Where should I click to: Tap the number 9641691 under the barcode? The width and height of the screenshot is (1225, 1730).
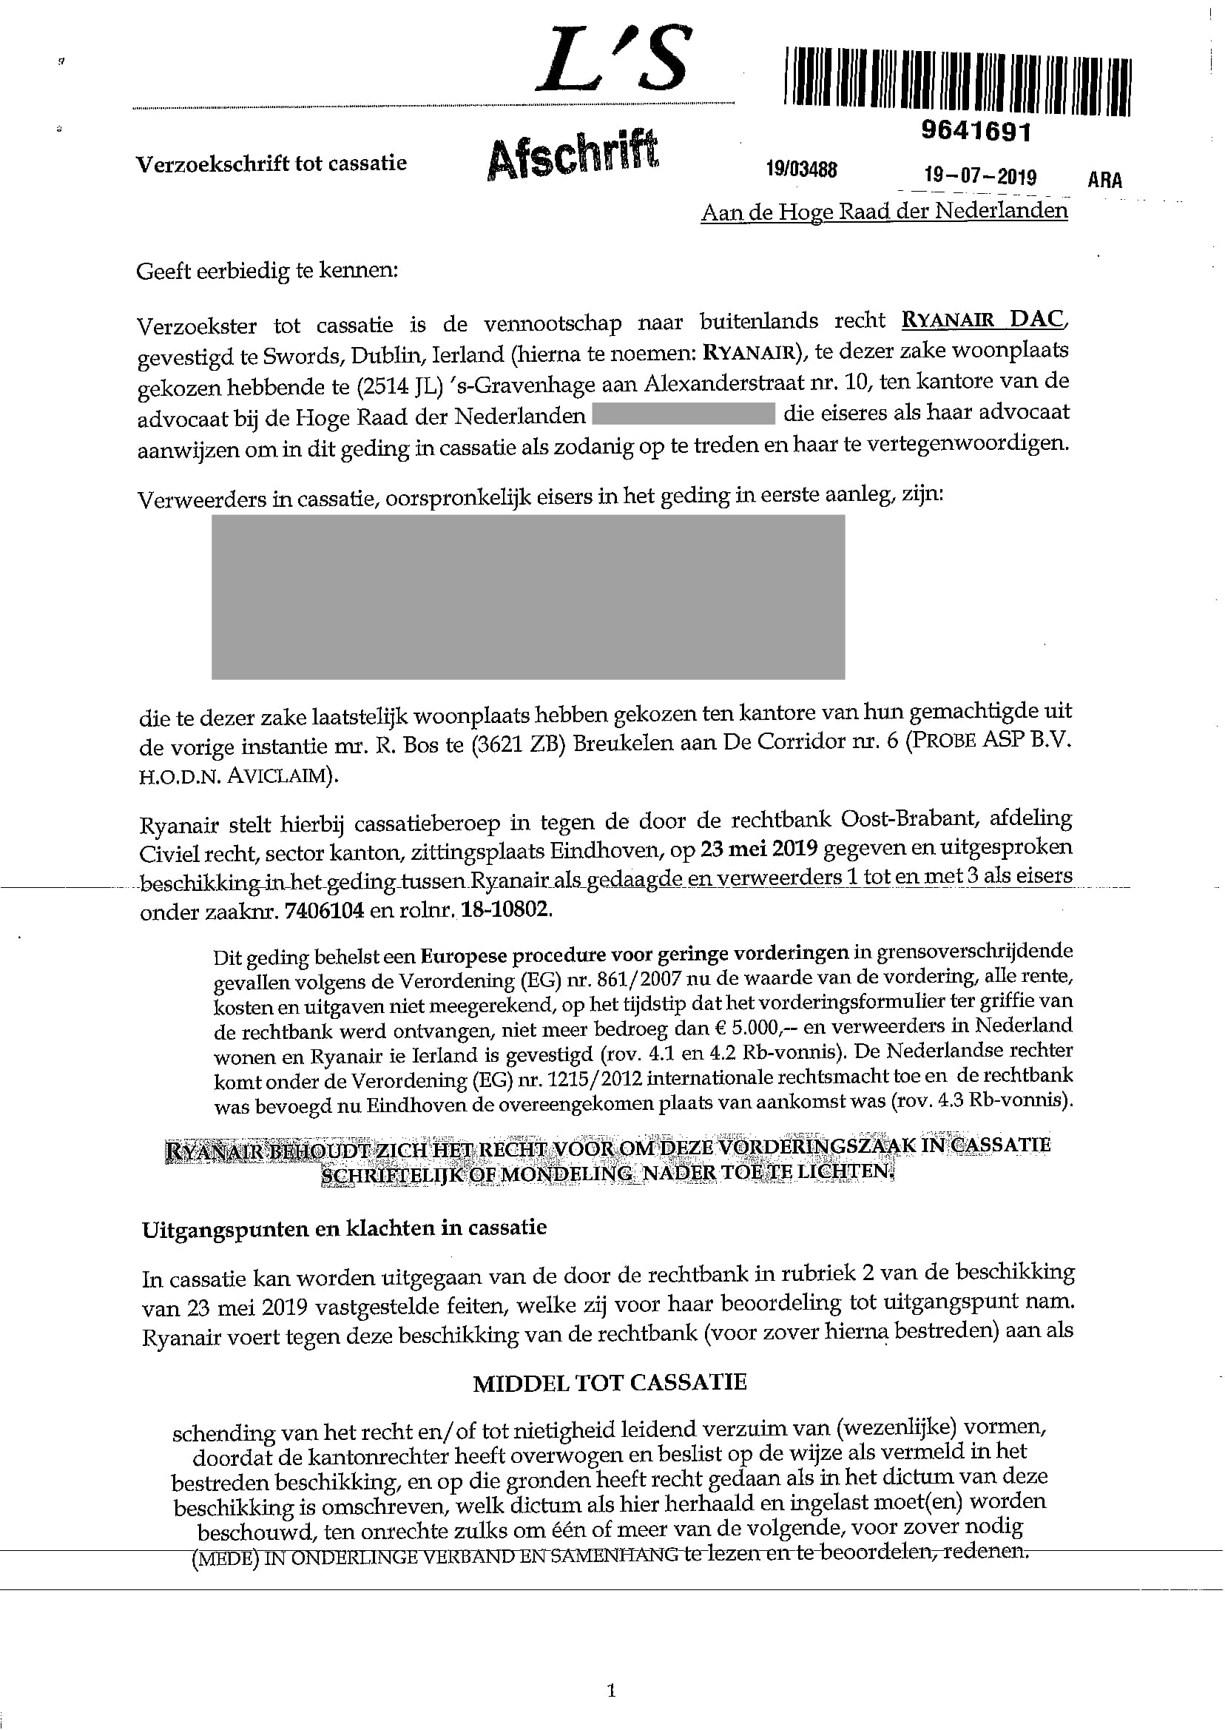coord(975,132)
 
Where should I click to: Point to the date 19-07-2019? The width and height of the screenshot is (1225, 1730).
coord(980,177)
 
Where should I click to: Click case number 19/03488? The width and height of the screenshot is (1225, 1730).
coord(801,169)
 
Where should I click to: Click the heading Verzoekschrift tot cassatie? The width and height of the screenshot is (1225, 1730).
coord(271,163)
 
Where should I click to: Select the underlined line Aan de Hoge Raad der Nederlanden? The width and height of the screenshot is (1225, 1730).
coord(884,211)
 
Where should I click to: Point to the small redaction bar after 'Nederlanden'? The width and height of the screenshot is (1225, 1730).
coord(684,414)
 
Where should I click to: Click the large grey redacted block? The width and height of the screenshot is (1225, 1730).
coord(528,597)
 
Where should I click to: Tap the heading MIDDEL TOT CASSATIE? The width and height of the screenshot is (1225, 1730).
coord(610,1383)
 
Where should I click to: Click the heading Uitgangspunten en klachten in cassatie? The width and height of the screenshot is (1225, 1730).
coord(344,1228)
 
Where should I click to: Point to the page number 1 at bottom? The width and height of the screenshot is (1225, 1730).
coord(611,1690)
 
